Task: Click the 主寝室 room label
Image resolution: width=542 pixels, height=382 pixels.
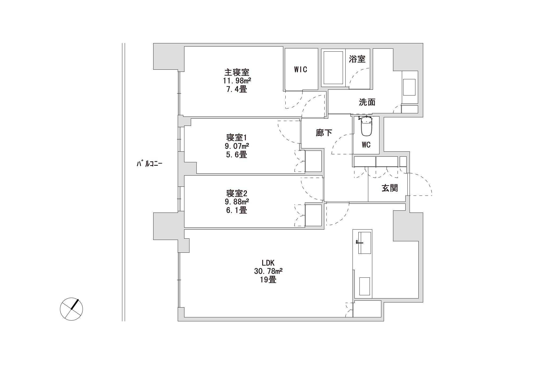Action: coord(237,72)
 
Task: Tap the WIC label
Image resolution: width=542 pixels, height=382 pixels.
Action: coord(301,69)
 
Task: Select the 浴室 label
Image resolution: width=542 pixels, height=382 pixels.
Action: coord(357,59)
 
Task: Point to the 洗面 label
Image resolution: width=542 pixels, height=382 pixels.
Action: coord(367,102)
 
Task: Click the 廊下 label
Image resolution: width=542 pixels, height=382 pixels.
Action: coord(324,133)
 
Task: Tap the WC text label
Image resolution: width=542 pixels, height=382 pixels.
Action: coord(366,145)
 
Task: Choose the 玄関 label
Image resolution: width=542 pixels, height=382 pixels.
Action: coord(390,188)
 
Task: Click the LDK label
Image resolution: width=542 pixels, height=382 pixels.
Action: coord(268,263)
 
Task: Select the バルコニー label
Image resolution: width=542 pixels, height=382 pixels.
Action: coord(149,164)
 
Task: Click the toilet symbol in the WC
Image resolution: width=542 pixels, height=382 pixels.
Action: coord(366,126)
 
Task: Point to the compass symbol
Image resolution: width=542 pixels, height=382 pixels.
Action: coord(71,309)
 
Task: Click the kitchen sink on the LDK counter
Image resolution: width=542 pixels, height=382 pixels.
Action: coord(364,243)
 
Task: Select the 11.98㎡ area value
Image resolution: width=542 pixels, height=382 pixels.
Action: coord(237,81)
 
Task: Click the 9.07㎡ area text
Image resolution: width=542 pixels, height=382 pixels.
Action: coord(237,146)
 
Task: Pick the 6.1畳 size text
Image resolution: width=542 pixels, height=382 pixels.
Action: coord(237,210)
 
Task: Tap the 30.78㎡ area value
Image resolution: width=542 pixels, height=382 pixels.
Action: coord(268,271)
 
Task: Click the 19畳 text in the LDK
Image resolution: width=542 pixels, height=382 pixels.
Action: coord(268,280)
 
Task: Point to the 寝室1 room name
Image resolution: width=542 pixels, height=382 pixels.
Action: coord(237,138)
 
